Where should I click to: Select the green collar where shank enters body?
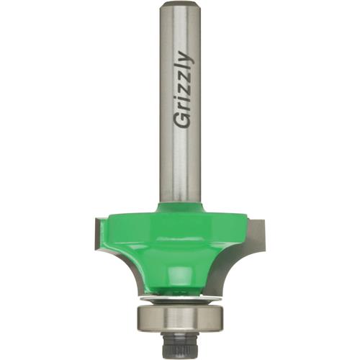[178, 210]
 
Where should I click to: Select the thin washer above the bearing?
[179, 297]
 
